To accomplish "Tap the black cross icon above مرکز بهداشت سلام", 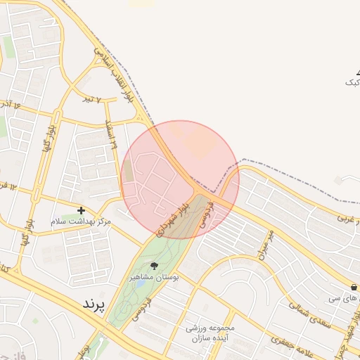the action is (x=81, y=210).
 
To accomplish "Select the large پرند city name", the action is (x=93, y=304).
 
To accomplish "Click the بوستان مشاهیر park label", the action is (x=155, y=278).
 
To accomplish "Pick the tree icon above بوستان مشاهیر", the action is (x=155, y=266).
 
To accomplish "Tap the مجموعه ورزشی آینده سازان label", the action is (x=214, y=333).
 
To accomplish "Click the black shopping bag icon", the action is (x=355, y=288).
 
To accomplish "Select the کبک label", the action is (x=352, y=82).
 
